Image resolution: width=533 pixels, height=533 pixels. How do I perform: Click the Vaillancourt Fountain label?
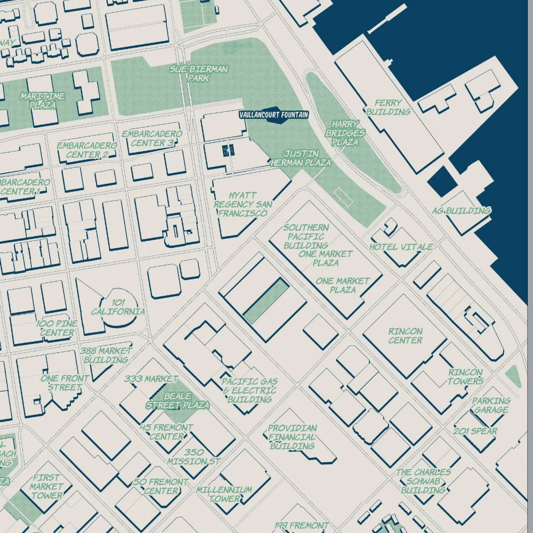coord(273,115)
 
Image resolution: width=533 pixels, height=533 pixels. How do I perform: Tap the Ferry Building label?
coord(388,107)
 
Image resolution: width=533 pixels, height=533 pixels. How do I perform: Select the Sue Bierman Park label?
coord(199,74)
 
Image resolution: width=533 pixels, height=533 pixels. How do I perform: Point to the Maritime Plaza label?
coord(43,101)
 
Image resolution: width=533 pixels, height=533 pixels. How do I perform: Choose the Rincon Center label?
coord(405,336)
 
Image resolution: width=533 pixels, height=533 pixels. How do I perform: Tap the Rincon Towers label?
coord(465,377)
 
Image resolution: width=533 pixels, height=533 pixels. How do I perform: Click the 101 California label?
coord(118,307)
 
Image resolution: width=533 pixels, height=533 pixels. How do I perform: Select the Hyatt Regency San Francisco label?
coord(243,204)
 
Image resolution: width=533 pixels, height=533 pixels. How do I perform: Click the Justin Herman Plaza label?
coord(301,158)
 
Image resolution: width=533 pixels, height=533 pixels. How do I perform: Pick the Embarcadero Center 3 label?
coord(152,139)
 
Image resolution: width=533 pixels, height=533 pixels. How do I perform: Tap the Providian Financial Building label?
coord(292,437)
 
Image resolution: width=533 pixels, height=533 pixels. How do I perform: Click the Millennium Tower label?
coord(224,495)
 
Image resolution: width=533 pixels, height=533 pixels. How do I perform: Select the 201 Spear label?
coord(475,431)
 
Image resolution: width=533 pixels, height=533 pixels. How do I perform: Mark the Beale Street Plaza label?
coord(177,401)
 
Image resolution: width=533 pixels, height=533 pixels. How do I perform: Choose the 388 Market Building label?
coord(106,355)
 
